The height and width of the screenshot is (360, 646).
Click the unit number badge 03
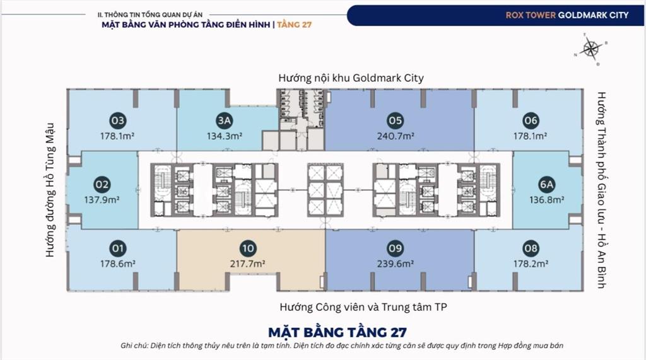(x=117, y=120)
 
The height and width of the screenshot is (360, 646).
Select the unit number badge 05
(x=396, y=120)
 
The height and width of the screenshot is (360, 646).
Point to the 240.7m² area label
(x=396, y=136)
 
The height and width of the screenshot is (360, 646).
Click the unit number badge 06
(x=531, y=120)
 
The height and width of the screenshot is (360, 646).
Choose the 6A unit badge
(x=546, y=185)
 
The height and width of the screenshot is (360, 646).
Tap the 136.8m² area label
(x=546, y=200)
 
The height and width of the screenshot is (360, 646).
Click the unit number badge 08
(x=531, y=248)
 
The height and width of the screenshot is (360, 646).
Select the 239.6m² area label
(x=396, y=264)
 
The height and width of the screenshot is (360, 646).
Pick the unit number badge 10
(x=247, y=248)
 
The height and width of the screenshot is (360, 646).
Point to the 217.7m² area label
(x=247, y=264)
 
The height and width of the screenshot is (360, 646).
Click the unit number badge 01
(x=117, y=248)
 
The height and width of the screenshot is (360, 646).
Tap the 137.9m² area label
(x=102, y=200)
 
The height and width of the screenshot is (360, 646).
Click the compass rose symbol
(x=591, y=48)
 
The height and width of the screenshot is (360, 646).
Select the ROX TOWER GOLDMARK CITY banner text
(x=567, y=15)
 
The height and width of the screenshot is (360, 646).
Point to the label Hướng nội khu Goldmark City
(x=351, y=78)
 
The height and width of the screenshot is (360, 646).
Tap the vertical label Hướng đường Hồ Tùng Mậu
(x=51, y=189)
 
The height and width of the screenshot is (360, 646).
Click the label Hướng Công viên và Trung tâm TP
(x=351, y=308)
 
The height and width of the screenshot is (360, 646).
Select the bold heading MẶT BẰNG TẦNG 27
(x=338, y=332)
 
